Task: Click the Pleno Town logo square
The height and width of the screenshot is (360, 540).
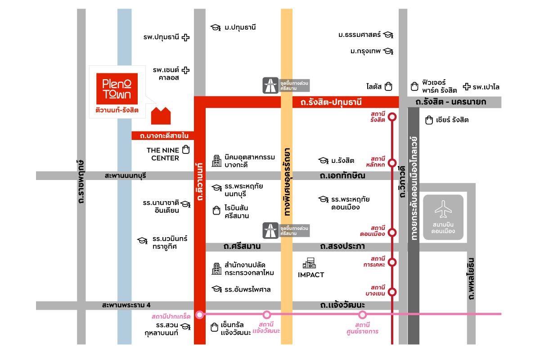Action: click(x=117, y=89)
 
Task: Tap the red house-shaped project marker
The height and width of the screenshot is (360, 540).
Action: click(x=161, y=116)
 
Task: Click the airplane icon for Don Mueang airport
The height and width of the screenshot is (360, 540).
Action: click(x=443, y=209)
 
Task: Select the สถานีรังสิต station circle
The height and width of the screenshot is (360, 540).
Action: click(x=392, y=117)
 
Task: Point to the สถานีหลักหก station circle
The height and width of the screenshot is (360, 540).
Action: click(x=392, y=163)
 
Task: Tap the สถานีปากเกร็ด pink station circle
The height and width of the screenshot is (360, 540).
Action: click(x=200, y=315)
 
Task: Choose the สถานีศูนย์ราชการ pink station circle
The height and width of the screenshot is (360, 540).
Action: click(x=362, y=315)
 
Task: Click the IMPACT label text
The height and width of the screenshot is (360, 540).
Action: click(x=311, y=275)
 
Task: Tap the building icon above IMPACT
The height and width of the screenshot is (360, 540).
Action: click(x=309, y=263)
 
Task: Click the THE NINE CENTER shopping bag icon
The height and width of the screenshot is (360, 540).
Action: click(x=186, y=149)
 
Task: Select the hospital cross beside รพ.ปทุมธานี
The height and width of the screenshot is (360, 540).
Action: click(x=185, y=37)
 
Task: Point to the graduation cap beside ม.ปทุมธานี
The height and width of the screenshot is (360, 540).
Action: click(x=216, y=27)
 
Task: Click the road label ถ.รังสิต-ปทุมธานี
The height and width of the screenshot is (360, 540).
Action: click(x=331, y=102)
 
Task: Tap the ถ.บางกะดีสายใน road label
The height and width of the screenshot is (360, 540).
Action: click(x=164, y=136)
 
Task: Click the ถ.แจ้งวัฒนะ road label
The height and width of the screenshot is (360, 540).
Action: click(x=342, y=305)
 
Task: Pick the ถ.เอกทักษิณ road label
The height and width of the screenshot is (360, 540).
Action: click(x=342, y=175)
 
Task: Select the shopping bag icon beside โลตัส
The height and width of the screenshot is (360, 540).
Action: click(x=388, y=86)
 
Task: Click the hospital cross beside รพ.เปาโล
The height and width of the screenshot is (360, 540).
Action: click(x=467, y=86)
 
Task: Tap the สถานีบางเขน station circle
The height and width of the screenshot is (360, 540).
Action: click(x=392, y=292)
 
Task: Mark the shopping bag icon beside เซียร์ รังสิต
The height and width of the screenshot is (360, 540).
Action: click(x=429, y=120)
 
